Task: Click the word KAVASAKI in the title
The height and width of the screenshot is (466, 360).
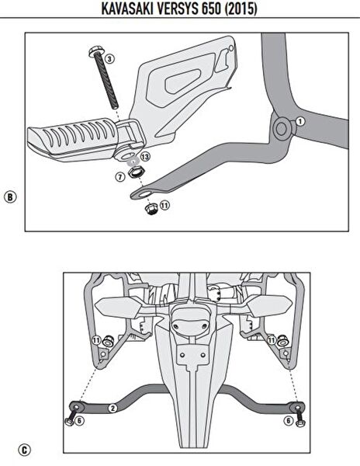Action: [x=127, y=9]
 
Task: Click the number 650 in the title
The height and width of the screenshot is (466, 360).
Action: [x=212, y=9]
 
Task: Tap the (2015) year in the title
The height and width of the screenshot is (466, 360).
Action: [x=241, y=9]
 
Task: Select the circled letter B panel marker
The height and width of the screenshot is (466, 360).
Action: [x=10, y=197]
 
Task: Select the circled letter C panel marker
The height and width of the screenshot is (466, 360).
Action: [x=24, y=450]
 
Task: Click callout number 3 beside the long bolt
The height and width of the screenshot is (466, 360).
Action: [x=109, y=59]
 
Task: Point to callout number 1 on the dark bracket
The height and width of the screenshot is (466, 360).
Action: [x=300, y=121]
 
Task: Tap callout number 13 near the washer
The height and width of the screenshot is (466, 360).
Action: [x=145, y=156]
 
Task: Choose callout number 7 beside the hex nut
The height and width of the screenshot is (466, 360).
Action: [x=120, y=177]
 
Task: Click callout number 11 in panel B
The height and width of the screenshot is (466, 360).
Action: [x=164, y=205]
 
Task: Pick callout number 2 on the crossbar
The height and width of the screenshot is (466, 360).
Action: [x=112, y=408]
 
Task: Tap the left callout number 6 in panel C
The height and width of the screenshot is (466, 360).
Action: [x=79, y=420]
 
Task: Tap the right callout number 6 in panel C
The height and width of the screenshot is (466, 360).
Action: [x=288, y=420]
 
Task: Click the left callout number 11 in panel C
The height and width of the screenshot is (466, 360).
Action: [x=96, y=340]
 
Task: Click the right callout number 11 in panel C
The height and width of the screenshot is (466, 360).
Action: [x=272, y=339]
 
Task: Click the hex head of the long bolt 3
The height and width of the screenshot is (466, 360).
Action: [x=95, y=51]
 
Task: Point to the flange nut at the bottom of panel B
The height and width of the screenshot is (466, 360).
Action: [x=151, y=209]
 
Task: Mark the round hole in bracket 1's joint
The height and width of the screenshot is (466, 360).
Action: [x=282, y=128]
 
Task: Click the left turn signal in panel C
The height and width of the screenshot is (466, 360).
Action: [x=118, y=307]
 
